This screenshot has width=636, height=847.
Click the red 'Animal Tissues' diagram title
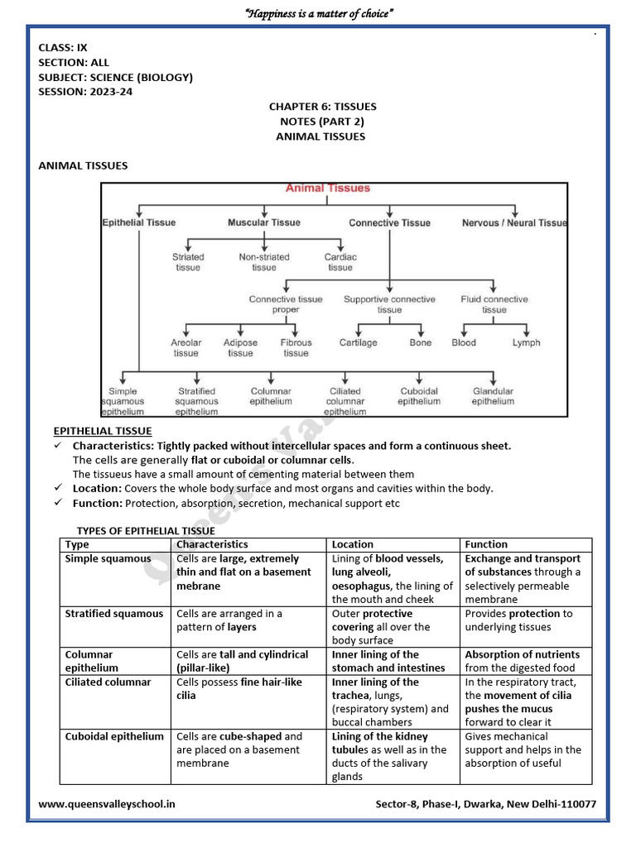tap(328, 189)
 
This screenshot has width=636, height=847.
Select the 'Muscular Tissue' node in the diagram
tap(264, 223)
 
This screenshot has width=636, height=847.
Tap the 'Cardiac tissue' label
tap(340, 262)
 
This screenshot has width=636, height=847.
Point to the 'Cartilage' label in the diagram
tap(358, 342)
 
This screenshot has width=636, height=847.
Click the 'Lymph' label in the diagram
tap(526, 342)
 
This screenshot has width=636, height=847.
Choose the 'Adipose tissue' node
tap(240, 347)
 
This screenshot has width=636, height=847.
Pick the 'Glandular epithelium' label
tap(493, 396)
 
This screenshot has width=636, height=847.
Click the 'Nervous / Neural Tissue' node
tap(514, 223)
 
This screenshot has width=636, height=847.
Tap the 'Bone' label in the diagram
tap(421, 342)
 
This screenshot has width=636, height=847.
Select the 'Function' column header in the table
tap(486, 544)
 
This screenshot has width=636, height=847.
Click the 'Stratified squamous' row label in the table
tap(114, 614)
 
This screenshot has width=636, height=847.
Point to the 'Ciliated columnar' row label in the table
tap(108, 682)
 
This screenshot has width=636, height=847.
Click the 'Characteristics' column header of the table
tap(212, 544)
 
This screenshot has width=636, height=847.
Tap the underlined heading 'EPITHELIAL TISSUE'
tap(103, 431)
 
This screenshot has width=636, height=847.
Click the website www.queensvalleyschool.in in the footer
tap(107, 804)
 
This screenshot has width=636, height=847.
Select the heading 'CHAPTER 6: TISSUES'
tap(322, 107)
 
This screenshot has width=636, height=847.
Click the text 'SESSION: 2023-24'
tap(85, 92)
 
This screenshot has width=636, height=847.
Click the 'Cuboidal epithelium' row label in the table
tap(114, 736)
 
